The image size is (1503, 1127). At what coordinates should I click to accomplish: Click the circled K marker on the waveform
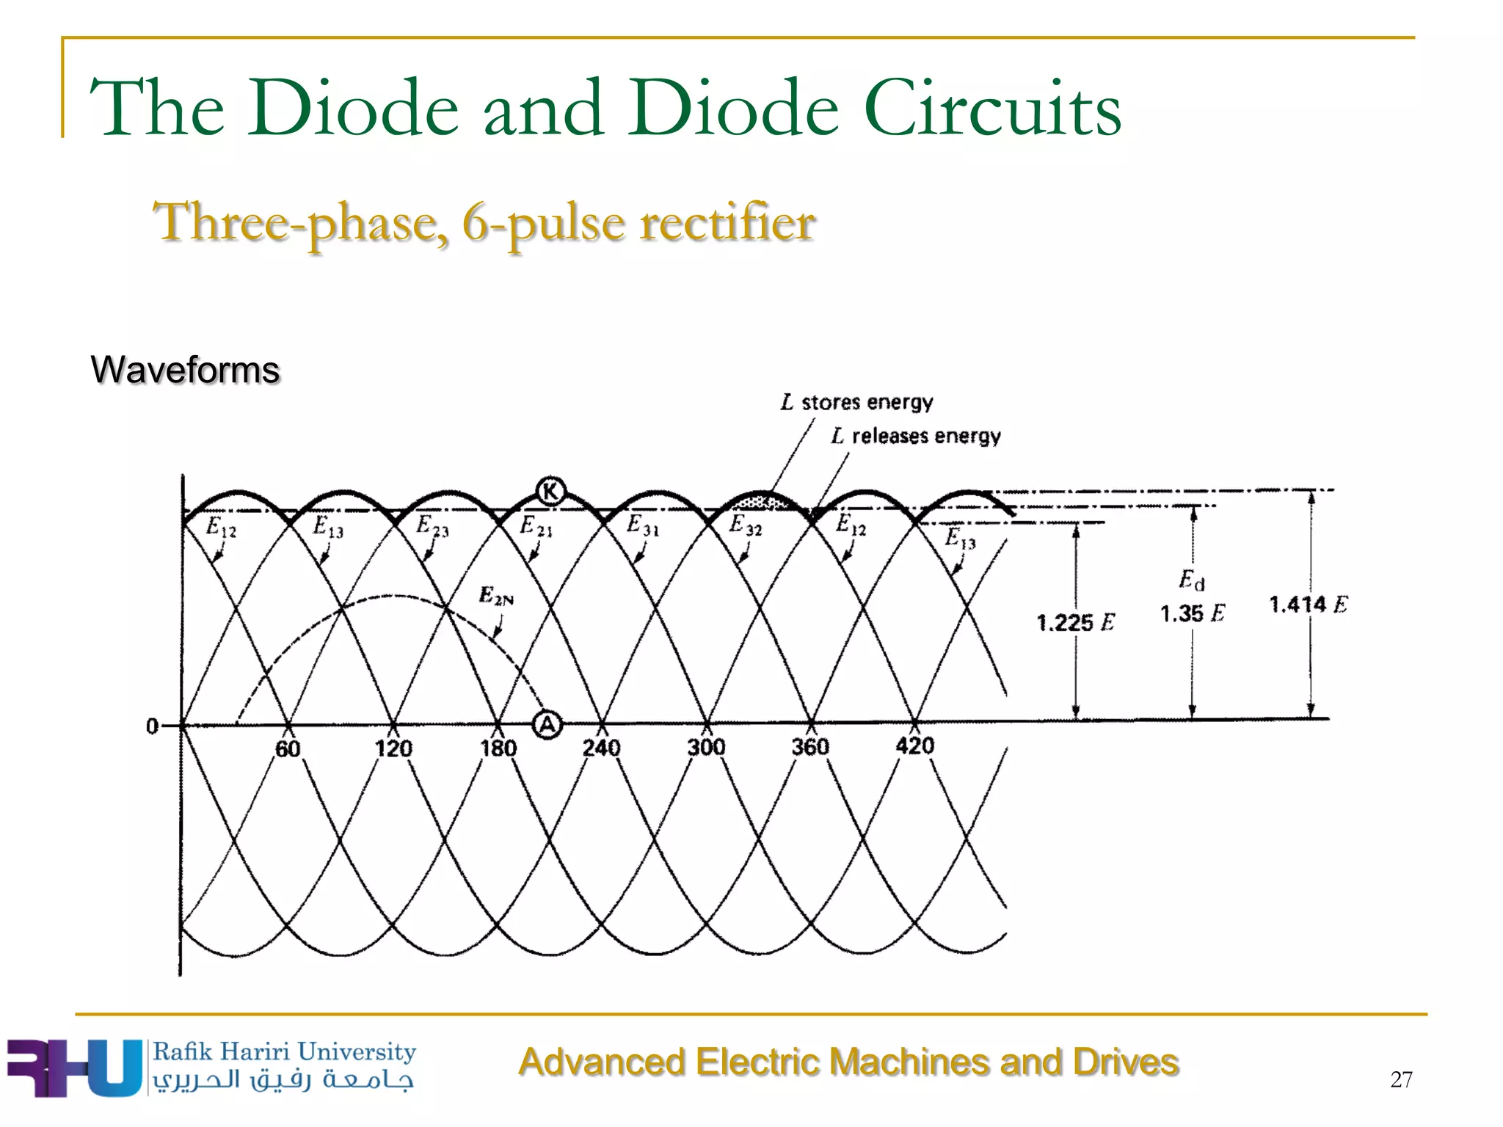pos(550,491)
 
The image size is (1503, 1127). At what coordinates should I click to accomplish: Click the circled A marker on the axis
pos(547,725)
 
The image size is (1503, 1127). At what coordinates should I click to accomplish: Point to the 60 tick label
pos(288,748)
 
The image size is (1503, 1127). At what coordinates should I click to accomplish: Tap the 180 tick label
pos(498,748)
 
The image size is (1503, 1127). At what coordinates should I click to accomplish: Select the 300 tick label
pos(706,747)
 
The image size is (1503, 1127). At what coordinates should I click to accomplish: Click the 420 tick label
pos(914,745)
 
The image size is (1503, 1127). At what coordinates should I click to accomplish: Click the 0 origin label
pos(152,726)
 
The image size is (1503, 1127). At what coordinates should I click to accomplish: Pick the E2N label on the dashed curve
pos(496,595)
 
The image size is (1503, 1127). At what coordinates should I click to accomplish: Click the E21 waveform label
pos(536,526)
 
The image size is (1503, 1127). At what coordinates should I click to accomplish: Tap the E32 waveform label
pos(745,525)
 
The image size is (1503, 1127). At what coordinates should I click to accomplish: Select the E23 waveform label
pos(432,526)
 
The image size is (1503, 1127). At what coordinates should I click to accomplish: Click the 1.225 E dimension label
pos(1075,623)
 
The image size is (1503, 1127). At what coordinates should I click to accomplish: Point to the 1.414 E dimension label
pos(1308,605)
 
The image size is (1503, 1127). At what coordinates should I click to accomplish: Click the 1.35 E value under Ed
pos(1192,613)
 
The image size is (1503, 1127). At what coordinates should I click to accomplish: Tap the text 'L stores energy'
pos(856,402)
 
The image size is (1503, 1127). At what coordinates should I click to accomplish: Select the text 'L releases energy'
pos(916,436)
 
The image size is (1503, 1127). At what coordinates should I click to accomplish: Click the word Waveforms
pos(185,369)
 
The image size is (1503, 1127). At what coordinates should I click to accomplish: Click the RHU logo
pos(73,1068)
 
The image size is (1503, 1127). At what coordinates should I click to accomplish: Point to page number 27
pos(1400,1079)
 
